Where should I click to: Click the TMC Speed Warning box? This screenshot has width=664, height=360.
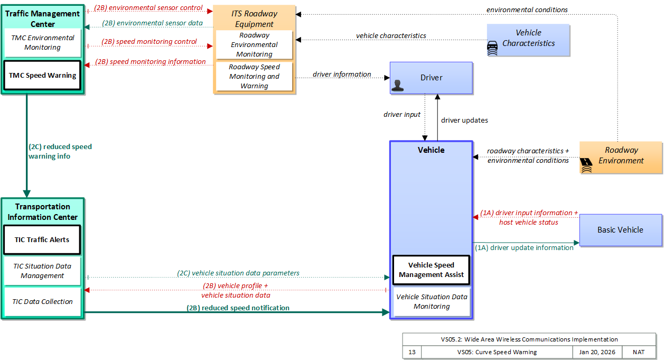coord(42,75)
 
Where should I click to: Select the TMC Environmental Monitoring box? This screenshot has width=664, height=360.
coord(42,43)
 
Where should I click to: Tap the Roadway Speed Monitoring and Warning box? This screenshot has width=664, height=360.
coord(254,76)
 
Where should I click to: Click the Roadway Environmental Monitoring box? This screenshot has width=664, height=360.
coord(254,44)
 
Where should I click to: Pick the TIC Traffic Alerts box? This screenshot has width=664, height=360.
coord(42,239)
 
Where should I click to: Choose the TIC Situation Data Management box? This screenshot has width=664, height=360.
coord(42,271)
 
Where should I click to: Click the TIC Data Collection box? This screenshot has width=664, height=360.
coord(42,301)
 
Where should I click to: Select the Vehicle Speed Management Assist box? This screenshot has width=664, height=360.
coord(431,270)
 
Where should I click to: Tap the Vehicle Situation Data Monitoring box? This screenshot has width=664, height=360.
coord(432,301)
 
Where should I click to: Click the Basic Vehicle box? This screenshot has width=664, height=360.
coord(621,230)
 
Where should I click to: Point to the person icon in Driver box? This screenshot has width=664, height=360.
coord(398,86)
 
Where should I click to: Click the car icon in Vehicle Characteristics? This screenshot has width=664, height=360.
coord(492,48)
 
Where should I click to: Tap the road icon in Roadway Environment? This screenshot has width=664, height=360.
coord(586,165)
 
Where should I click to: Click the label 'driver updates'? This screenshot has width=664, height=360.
coord(464,120)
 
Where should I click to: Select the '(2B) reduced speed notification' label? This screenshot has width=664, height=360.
coord(238,308)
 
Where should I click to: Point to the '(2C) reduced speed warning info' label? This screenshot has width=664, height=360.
coord(60,151)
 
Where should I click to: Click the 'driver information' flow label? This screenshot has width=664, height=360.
coord(342,74)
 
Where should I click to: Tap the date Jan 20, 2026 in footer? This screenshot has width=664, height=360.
coord(597,352)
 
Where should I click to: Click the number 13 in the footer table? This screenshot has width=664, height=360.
coord(412,352)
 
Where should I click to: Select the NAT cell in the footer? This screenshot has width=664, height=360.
coord(639,352)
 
